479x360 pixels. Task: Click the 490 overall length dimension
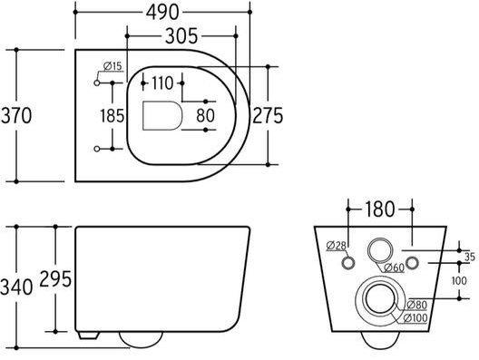click(x=162, y=13)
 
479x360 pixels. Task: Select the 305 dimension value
click(x=181, y=36)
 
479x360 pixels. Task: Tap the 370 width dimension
click(x=16, y=116)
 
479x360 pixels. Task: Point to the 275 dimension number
click(x=268, y=116)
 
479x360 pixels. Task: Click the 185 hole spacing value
click(x=112, y=116)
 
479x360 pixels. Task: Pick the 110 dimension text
click(x=162, y=83)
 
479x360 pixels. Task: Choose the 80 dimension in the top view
click(x=206, y=116)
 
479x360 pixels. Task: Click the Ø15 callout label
click(x=112, y=66)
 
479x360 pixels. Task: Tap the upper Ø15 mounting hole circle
click(x=97, y=83)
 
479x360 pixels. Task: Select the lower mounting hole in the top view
click(x=97, y=149)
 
